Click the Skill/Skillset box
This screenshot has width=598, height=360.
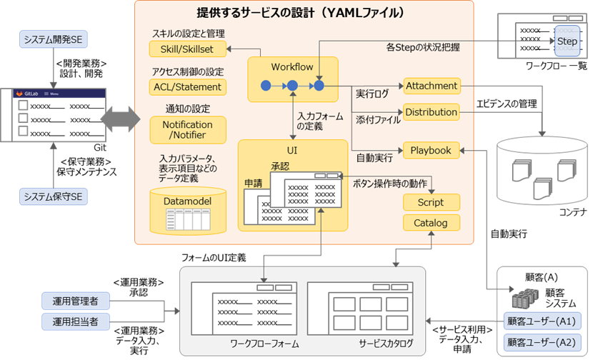click(187, 49)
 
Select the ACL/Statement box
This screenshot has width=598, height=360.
click(187, 86)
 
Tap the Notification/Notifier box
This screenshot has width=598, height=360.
click(187, 130)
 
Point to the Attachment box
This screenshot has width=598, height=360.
click(432, 86)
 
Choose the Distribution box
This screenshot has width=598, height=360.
click(432, 112)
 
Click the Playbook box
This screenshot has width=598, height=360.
click(432, 150)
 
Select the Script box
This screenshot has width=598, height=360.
click(432, 203)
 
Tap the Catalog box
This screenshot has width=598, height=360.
click(432, 223)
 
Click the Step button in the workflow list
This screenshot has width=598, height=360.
click(567, 41)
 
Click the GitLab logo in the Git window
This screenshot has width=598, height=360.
click(29, 94)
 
